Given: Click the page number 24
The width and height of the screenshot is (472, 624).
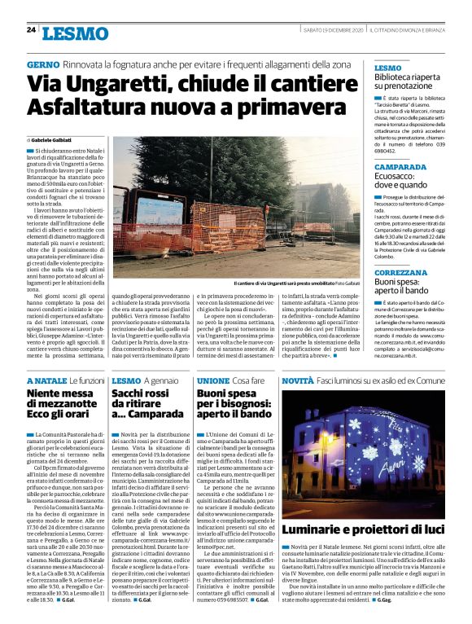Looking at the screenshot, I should point(31,31).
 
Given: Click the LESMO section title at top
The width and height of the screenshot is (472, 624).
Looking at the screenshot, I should point(75,33).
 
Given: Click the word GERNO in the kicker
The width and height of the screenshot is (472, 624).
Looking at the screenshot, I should point(43,64).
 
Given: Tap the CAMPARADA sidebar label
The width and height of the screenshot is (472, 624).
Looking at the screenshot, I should point(401,167).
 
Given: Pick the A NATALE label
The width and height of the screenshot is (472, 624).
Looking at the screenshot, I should point(47,381).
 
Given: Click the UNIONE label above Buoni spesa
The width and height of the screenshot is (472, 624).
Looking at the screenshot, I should point(213,381).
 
